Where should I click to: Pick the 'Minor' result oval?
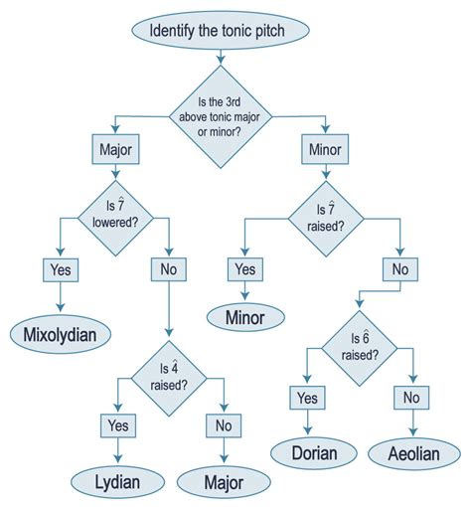(245, 316)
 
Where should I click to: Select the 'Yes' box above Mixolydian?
(61, 268)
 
